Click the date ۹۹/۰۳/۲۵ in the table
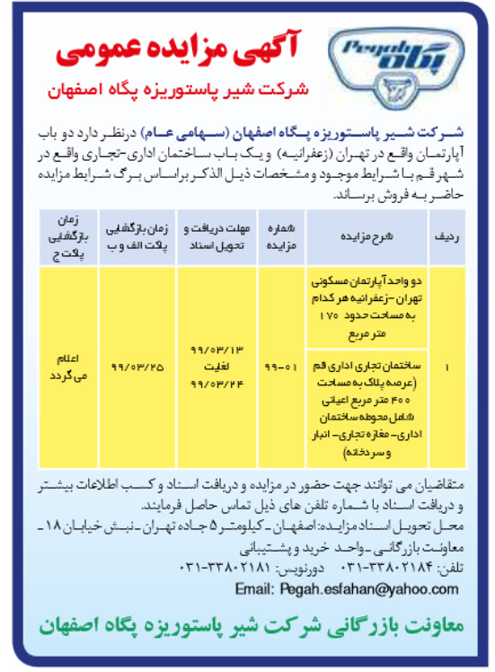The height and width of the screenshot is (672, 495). [x=135, y=367]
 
